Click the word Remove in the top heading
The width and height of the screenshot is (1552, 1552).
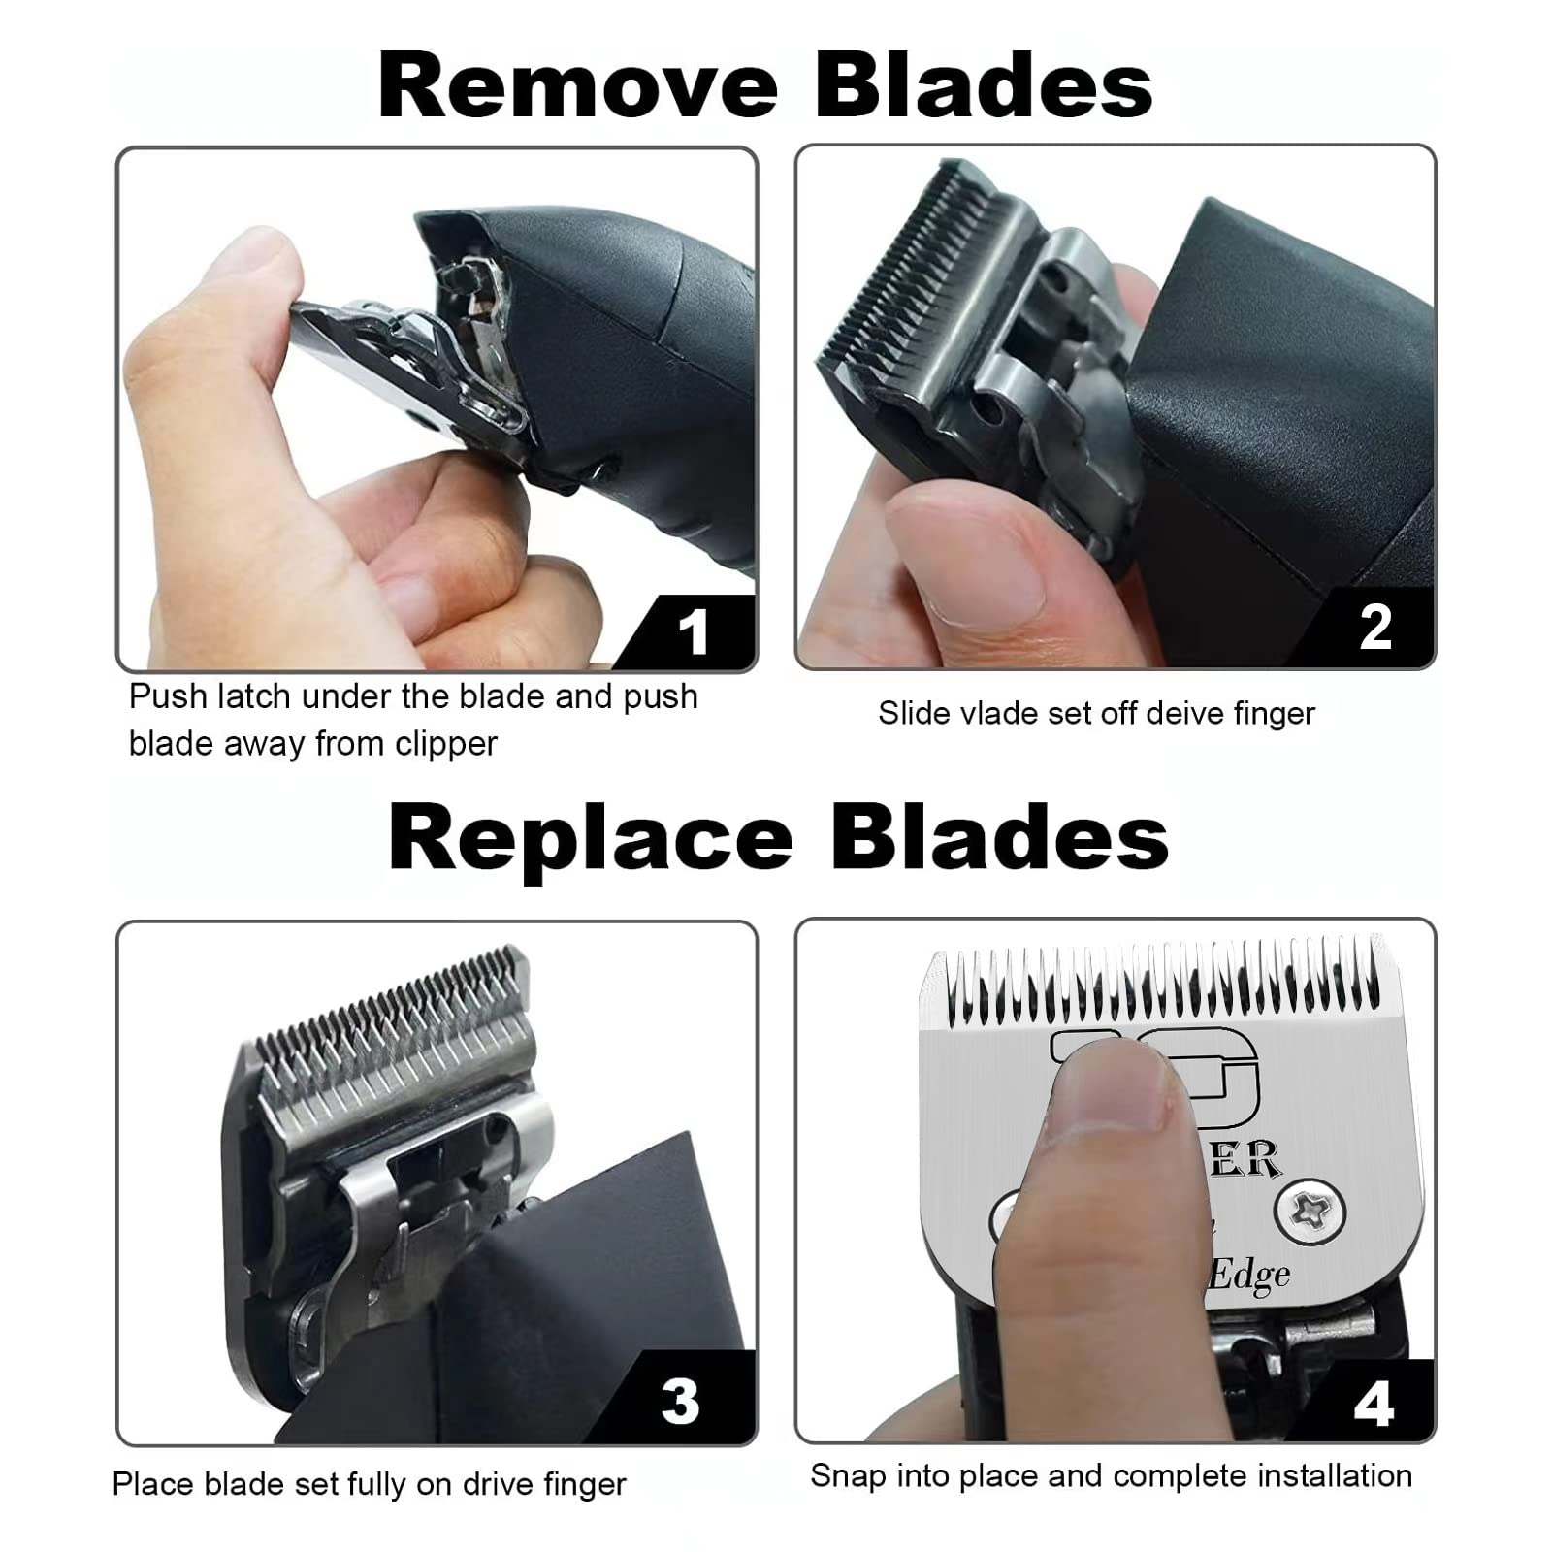click(x=577, y=85)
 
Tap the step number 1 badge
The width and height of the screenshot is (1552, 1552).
click(x=693, y=632)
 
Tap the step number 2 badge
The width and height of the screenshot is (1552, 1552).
click(x=1375, y=628)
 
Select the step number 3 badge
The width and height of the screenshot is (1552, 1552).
click(x=680, y=1401)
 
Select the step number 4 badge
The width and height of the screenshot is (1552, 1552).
click(x=1374, y=1404)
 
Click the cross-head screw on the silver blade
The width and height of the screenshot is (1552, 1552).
click(x=1310, y=1211)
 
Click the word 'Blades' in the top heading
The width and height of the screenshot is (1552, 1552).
click(x=984, y=85)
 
